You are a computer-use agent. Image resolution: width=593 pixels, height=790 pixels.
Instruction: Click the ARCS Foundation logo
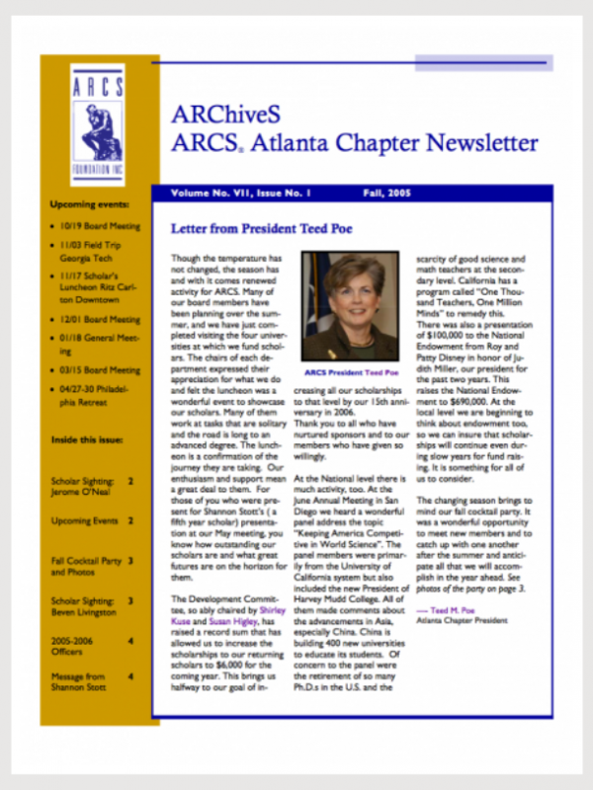[97, 117]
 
